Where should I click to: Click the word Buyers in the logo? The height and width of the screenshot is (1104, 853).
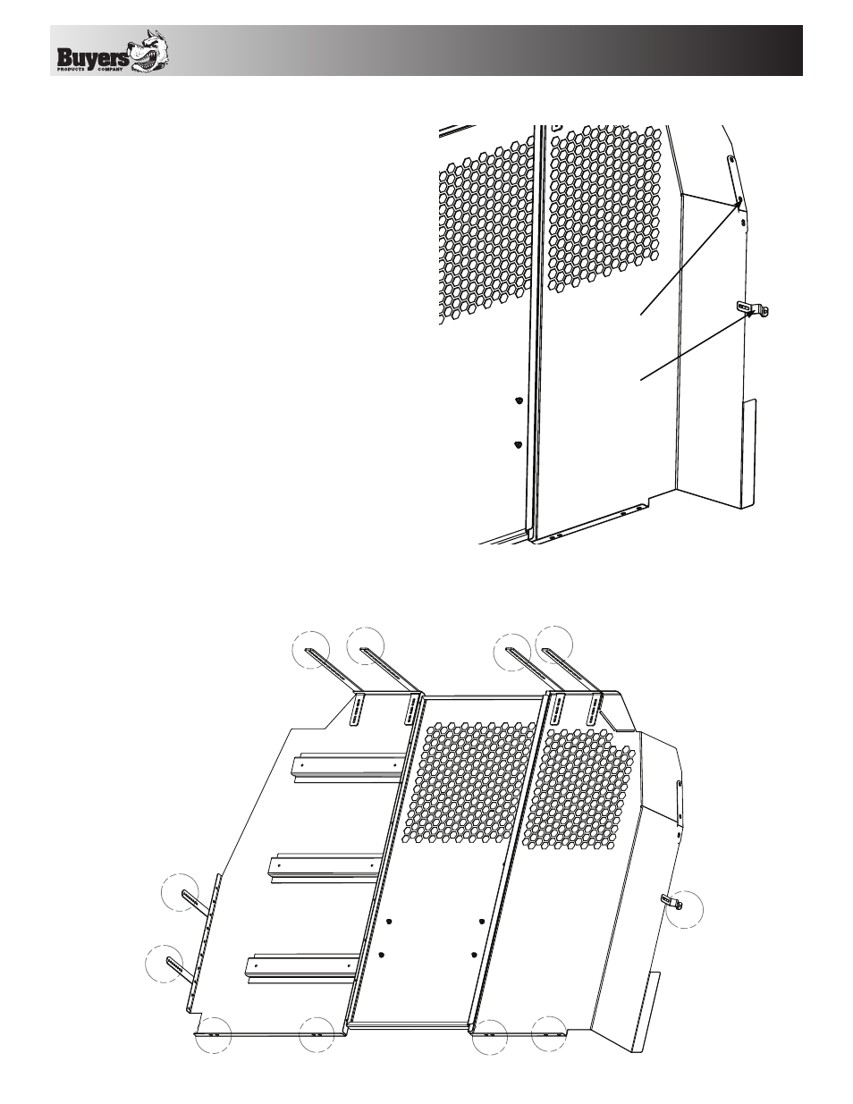[94, 57]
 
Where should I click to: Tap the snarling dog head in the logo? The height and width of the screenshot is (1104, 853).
[150, 51]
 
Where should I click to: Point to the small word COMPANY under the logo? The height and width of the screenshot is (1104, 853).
[110, 69]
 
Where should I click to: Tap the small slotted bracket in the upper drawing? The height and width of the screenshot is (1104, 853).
[752, 308]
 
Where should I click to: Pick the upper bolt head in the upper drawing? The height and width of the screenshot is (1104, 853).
[519, 401]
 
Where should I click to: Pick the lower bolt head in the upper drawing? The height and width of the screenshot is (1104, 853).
[518, 445]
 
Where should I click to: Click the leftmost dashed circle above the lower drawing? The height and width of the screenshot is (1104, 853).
[311, 650]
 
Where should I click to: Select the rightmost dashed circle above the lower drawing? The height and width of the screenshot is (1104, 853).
[554, 645]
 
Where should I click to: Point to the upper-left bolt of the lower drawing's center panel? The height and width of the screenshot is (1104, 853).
[389, 922]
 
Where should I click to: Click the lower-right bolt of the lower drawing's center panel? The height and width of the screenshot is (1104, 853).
[474, 954]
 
